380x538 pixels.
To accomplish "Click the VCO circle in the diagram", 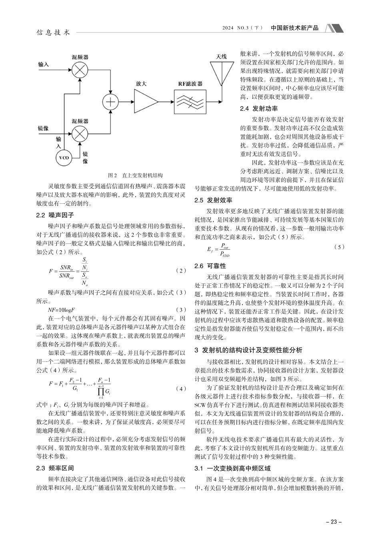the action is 64,158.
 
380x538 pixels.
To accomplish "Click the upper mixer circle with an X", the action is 80,70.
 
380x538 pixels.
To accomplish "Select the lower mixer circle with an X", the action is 80,132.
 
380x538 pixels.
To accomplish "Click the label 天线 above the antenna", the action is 221,56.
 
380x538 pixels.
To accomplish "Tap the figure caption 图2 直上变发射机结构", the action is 136,175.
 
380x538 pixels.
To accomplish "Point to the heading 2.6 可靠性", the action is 216,266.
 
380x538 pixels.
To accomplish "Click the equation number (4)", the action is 181,389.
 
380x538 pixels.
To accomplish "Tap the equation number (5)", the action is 339,247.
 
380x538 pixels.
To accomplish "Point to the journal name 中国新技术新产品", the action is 295,28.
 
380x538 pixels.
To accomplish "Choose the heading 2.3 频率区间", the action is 55,468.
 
